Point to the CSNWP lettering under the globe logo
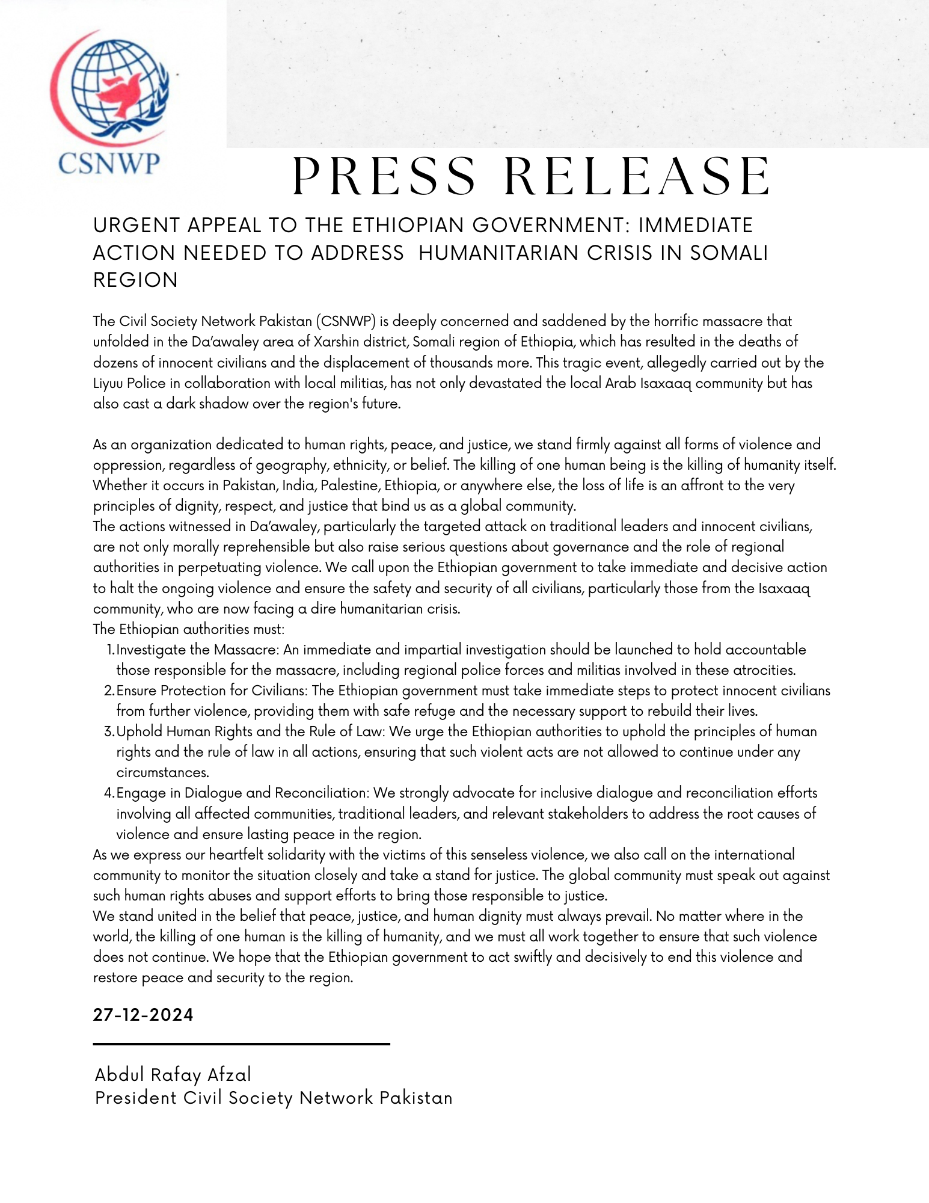[x=109, y=163]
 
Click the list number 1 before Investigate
[x=109, y=650]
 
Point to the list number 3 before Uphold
[x=109, y=732]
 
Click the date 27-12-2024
[x=143, y=1015]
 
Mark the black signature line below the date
[x=241, y=1044]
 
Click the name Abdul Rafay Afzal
[x=173, y=1075]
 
